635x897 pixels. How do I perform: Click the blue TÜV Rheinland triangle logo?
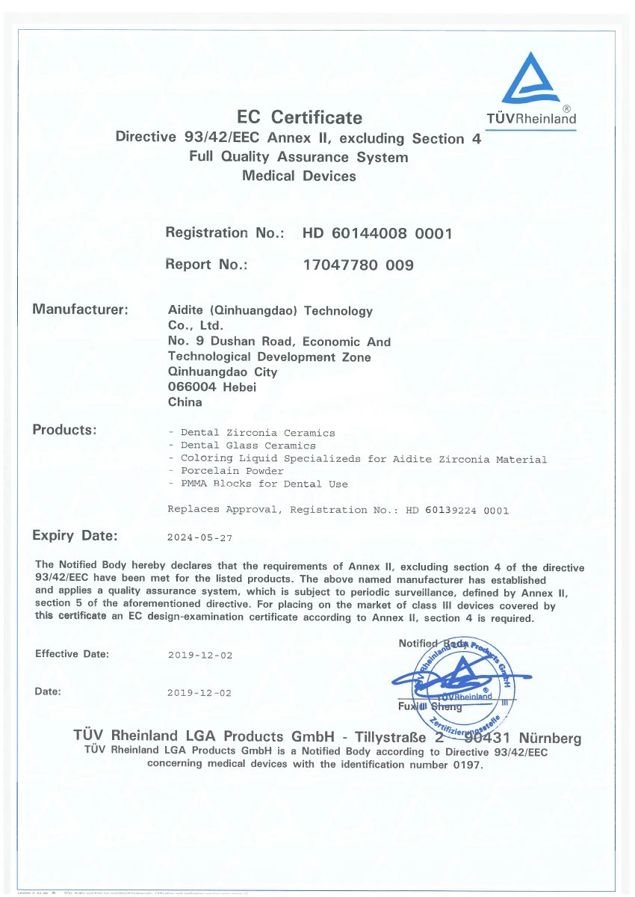[530, 79]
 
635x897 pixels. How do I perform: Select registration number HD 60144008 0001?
[377, 233]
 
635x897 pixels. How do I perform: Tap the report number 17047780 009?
[358, 265]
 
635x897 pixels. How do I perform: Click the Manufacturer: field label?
[81, 309]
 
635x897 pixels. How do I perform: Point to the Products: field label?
[64, 430]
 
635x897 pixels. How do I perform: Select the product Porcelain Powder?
[232, 471]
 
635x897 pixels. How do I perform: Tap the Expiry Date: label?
[75, 535]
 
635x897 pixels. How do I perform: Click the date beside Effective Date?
[199, 656]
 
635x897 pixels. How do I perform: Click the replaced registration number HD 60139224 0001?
[456, 511]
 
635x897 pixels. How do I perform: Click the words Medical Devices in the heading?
[299, 176]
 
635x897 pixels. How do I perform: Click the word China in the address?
[185, 401]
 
